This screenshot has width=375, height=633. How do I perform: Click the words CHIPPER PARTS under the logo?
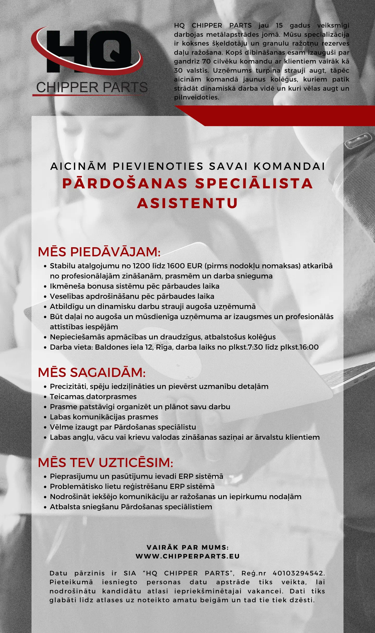pos(92,88)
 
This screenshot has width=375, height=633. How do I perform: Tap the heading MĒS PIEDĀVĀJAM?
pos(99,252)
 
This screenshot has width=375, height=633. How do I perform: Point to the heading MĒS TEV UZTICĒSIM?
pos(105,462)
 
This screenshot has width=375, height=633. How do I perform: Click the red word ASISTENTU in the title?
pos(187,203)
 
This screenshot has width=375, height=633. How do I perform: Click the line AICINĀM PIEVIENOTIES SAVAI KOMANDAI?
pos(187,166)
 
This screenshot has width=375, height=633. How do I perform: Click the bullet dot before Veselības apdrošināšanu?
pos(45,297)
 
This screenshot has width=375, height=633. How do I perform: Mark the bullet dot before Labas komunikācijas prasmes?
pos(45,417)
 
